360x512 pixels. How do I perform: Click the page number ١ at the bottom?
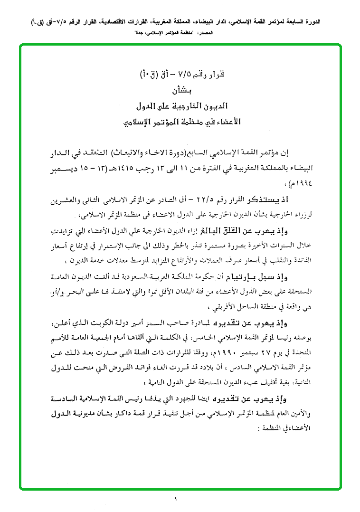[x=175, y=499]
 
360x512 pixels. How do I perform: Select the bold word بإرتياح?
[x=252, y=276]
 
